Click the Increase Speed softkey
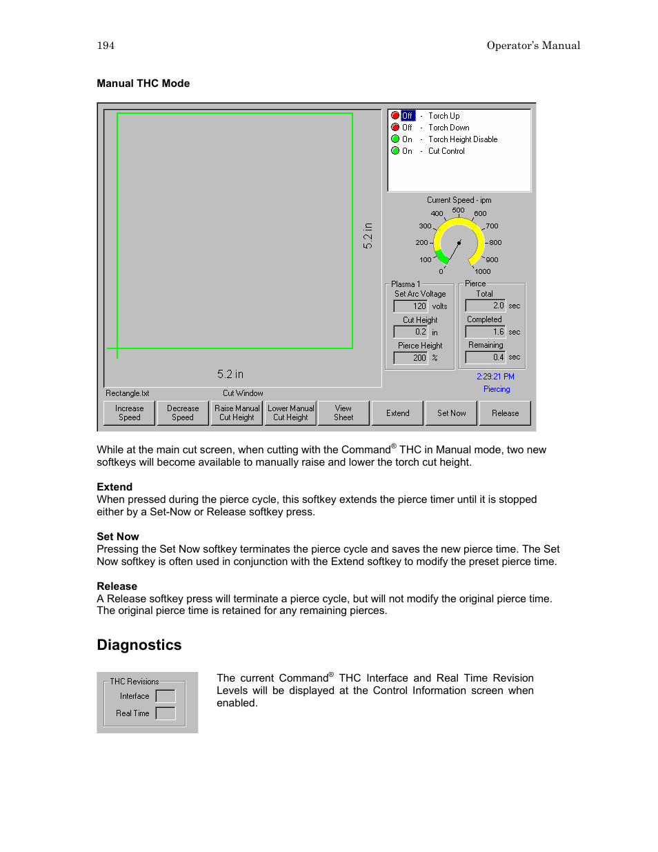(x=130, y=413)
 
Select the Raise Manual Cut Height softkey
(x=237, y=413)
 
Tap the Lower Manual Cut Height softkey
(x=290, y=413)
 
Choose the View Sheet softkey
(x=343, y=413)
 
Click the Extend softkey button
(x=398, y=413)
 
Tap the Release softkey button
(x=505, y=413)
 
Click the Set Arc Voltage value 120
(x=411, y=306)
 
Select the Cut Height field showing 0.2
(x=411, y=332)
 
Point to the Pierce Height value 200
(x=411, y=358)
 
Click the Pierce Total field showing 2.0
(x=486, y=306)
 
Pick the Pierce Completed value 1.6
(x=486, y=332)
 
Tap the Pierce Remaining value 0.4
(x=486, y=357)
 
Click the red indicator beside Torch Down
(x=395, y=128)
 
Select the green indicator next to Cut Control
(x=395, y=151)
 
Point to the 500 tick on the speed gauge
(x=458, y=210)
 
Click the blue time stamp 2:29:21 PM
(x=495, y=377)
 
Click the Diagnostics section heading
(x=139, y=645)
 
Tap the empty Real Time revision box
(x=166, y=713)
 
